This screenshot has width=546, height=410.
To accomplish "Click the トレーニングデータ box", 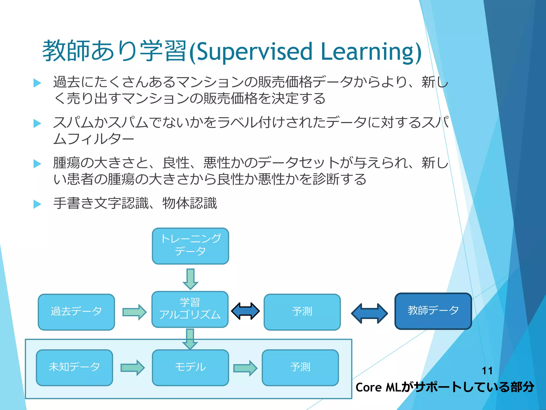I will [190, 246].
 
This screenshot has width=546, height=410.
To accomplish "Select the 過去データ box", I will [76, 312].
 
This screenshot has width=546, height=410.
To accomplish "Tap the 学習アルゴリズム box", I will [190, 309].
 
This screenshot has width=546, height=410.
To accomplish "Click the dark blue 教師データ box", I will [433, 311].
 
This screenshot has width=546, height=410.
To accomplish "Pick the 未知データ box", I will [74, 368].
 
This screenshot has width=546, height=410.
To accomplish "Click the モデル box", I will [190, 368].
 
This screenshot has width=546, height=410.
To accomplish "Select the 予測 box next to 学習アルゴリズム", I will [302, 312].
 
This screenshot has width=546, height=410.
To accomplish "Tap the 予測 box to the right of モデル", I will [300, 368].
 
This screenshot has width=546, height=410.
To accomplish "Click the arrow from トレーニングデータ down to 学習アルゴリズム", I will [190, 279].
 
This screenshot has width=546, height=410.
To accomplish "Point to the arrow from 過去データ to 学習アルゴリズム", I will [134, 312].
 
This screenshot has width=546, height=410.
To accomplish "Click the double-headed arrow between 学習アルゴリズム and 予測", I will [245, 311].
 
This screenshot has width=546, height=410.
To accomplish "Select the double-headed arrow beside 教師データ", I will [369, 313].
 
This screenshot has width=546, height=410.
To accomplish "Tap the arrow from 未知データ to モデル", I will [133, 368].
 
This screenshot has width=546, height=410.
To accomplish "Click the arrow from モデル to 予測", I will [245, 368].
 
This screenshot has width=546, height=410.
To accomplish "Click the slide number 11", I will [487, 371].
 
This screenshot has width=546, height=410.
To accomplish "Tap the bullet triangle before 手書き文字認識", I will [37, 204].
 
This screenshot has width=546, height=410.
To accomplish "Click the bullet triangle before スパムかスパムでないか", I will [37, 124].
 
